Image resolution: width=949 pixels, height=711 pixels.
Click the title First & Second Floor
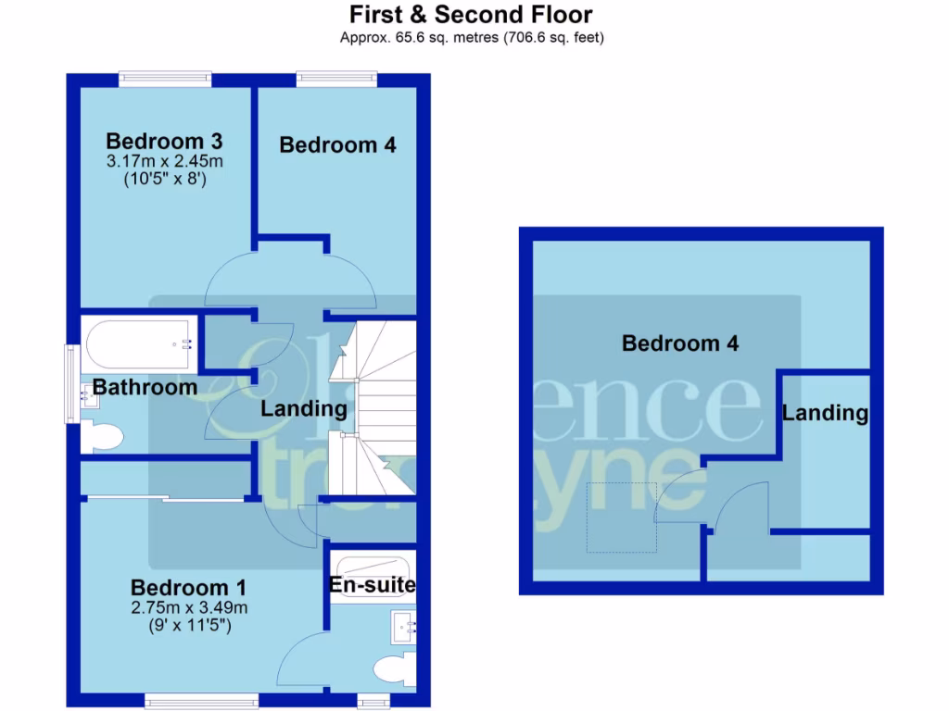coord(470,15)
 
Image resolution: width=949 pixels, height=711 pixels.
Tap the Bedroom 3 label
coord(164,142)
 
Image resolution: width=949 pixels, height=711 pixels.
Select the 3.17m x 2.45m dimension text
coord(165,162)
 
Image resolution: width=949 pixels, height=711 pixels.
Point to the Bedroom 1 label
coord(188,588)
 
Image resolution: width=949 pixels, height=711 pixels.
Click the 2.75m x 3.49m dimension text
coord(188,608)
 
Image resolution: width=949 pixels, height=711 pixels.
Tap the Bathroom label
coord(145,387)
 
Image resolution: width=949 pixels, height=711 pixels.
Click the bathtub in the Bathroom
coord(138,343)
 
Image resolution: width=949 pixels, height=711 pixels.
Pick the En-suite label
coord(373,585)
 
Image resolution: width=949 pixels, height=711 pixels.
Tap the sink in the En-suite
coord(406,627)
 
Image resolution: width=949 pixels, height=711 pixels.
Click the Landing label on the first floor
coord(304,408)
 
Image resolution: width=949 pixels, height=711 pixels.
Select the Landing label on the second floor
coord(825,413)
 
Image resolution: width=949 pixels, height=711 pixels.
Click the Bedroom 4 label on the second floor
coord(680,344)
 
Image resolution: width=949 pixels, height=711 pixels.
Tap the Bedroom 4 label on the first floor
coord(337,145)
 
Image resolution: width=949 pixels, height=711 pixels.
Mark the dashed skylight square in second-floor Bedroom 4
coord(621,518)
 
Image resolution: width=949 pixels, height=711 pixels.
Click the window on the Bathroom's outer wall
coord(70,384)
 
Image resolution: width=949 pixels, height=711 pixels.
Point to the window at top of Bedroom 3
coord(165,79)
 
